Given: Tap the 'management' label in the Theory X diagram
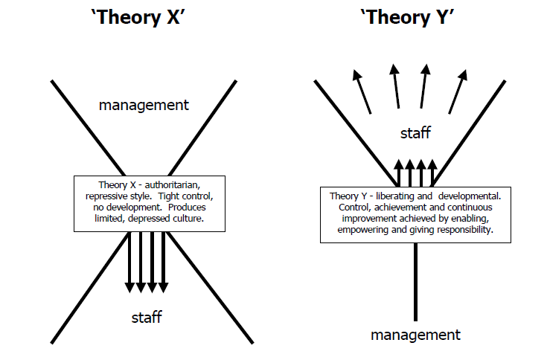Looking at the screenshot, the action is click(144, 105).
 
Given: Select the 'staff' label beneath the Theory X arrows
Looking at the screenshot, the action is click(147, 318).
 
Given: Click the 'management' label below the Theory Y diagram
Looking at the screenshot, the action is click(416, 335).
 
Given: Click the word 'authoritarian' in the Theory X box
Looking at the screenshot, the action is click(179, 184).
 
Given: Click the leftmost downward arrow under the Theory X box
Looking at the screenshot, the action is click(128, 260).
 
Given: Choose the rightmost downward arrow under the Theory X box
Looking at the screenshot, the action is click(164, 260).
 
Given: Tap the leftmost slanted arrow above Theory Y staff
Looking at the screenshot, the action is click(362, 89).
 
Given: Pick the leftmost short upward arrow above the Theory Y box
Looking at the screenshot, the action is click(397, 172).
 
